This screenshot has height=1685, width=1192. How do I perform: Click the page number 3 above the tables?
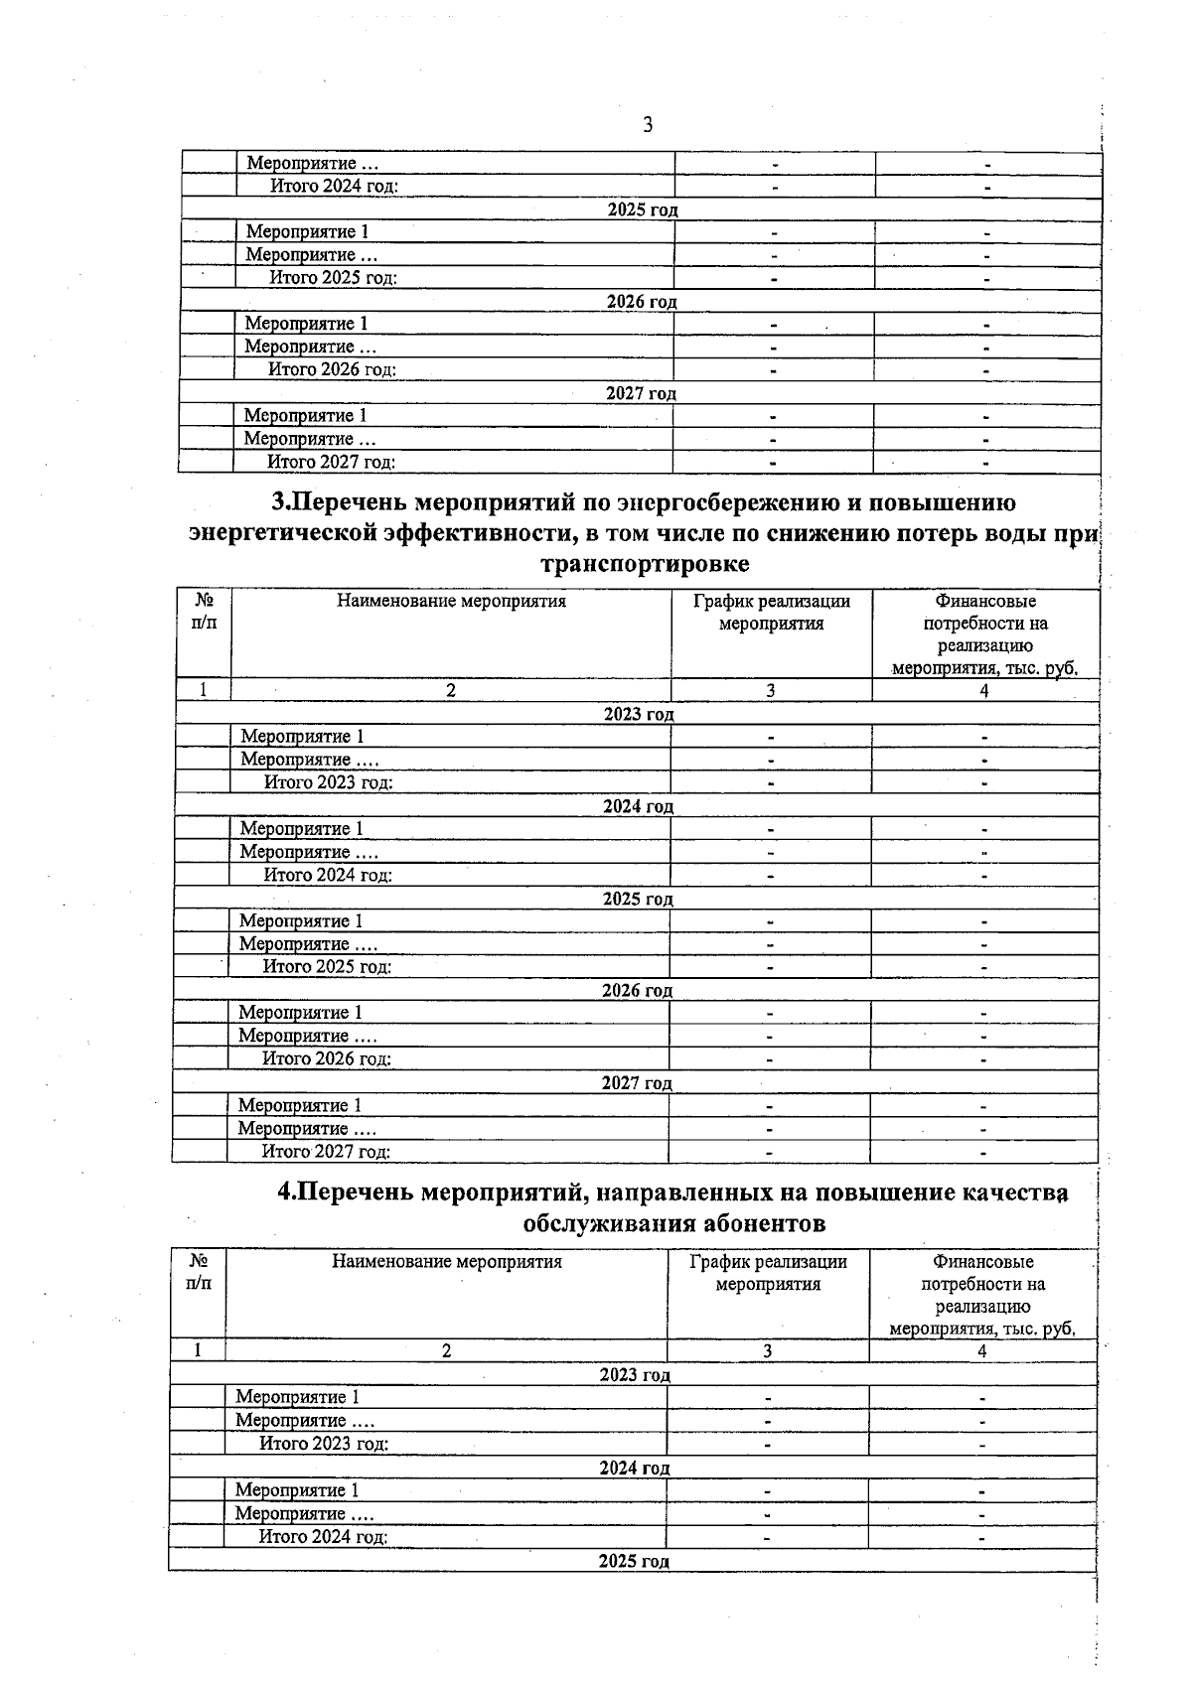[648, 125]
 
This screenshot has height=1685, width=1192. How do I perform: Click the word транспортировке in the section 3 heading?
[643, 564]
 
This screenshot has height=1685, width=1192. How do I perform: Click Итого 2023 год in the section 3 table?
[328, 782]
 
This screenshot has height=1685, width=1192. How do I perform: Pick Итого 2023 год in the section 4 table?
[324, 1444]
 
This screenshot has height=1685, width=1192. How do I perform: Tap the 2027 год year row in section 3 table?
[637, 1082]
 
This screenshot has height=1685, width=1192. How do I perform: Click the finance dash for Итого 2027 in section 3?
[983, 1152]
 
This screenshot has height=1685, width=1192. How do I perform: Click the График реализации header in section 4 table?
[768, 1273]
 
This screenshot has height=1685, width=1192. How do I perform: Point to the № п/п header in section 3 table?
[204, 612]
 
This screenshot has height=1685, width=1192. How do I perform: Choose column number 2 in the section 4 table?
[446, 1350]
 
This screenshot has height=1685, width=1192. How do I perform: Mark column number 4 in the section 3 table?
[984, 691]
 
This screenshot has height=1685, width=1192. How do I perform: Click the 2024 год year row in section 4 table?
[634, 1468]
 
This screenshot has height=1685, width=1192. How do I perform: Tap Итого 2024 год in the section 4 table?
[323, 1537]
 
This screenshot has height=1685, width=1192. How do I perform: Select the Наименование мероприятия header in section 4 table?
[447, 1262]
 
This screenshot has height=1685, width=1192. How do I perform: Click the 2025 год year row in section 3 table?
[638, 899]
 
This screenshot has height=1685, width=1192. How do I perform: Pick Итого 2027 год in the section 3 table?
[325, 1152]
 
